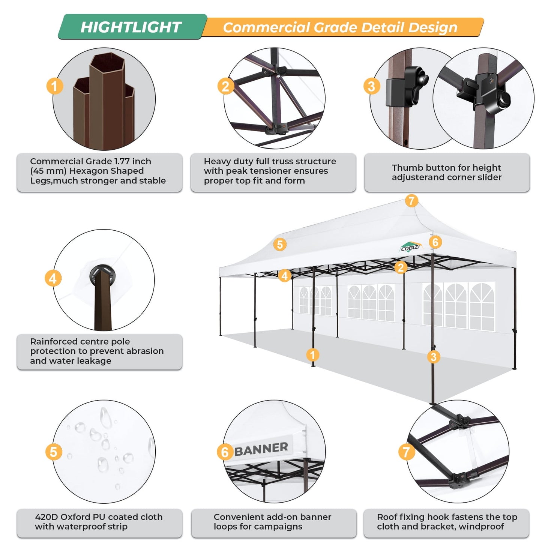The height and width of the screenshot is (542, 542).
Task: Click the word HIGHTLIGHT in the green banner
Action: point(131,27)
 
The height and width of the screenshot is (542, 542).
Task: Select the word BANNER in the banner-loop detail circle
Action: point(261,449)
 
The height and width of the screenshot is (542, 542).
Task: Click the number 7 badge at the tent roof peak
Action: point(411,201)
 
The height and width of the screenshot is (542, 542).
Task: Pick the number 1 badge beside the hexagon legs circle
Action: point(54,86)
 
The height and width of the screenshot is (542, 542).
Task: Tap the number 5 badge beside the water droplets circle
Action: point(54,452)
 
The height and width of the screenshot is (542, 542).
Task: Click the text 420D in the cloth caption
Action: point(46,517)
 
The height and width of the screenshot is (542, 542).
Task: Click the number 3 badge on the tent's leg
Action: point(434,357)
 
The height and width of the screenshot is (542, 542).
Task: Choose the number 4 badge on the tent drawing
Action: point(285,276)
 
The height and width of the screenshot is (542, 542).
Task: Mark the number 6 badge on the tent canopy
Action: point(435,242)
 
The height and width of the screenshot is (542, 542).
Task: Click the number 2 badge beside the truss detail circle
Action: point(225,86)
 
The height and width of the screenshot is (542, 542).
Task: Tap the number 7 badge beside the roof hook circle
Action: point(407,452)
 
